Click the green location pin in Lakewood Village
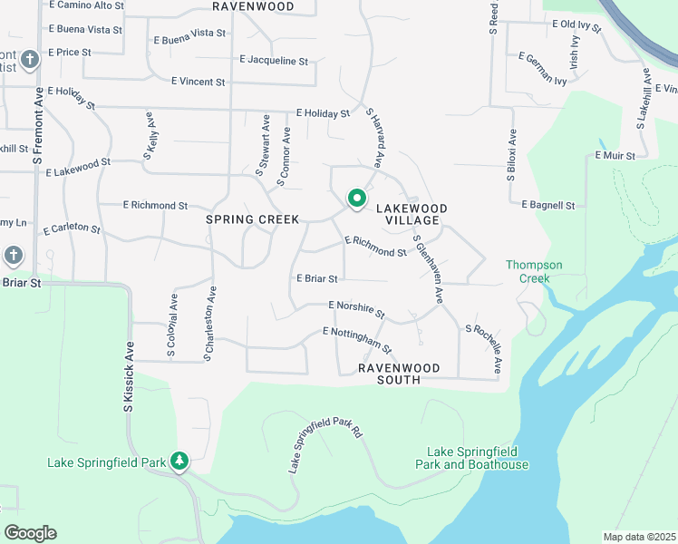coord(357,199)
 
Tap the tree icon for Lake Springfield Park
coord(179,461)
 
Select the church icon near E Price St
coord(30,61)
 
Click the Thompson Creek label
coord(534,271)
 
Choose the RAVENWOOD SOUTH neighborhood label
coord(399,374)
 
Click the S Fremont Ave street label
coord(38,132)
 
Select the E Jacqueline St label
coord(274,61)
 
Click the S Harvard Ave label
coord(376,139)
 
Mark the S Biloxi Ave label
coord(511,155)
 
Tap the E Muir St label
coord(615,156)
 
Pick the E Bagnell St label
coord(548,206)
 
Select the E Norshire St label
coord(356,309)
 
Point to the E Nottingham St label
coord(357,340)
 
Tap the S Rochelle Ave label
coord(483,349)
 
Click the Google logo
coord(30,533)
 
